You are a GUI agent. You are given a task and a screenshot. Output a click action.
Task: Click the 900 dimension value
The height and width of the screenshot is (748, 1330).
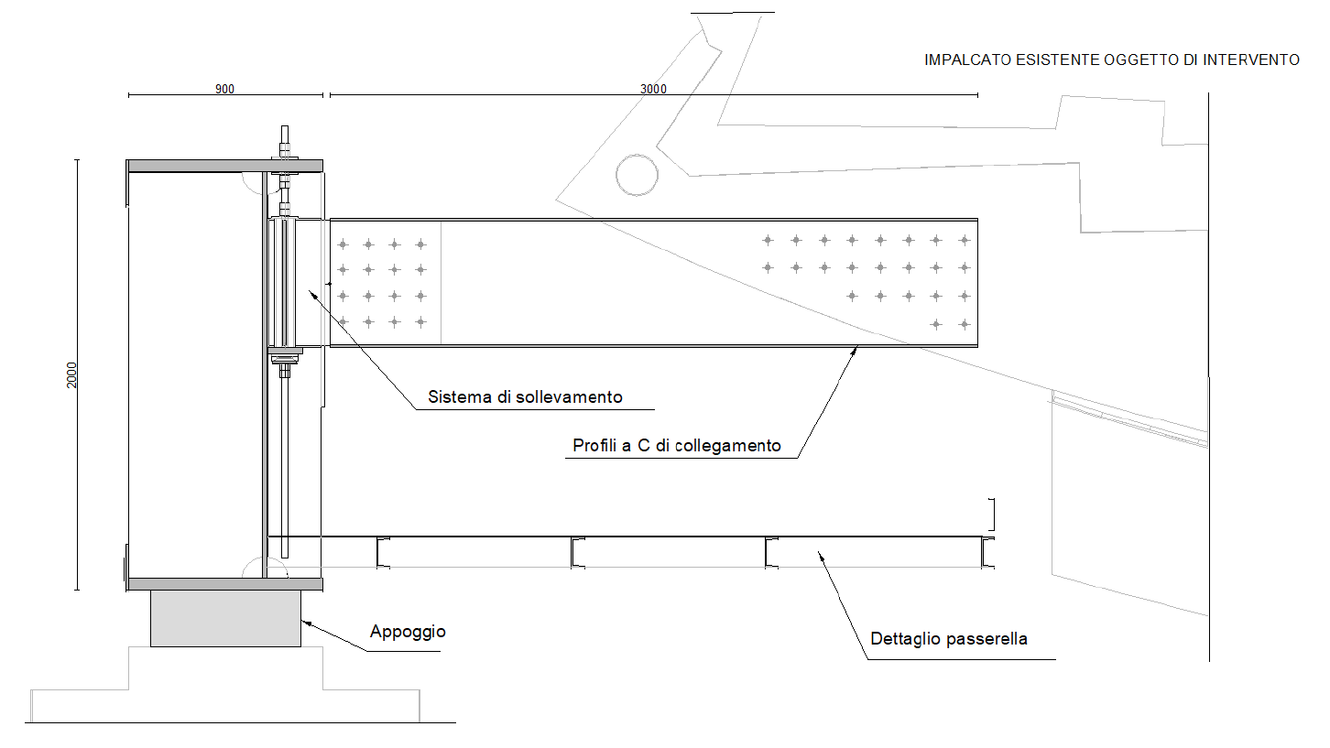224,89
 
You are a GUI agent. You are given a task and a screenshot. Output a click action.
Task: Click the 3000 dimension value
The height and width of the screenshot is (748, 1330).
653,89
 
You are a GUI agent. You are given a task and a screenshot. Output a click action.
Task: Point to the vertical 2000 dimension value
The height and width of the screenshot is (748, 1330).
72,374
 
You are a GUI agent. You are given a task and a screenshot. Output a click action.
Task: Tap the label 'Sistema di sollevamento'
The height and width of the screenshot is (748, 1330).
525,397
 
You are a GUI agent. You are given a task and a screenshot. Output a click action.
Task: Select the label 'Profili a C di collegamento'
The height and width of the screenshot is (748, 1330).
677,446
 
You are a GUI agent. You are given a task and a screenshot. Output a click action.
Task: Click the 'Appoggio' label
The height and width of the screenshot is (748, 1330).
408,632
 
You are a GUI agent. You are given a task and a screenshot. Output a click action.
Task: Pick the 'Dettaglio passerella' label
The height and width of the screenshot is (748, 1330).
949,639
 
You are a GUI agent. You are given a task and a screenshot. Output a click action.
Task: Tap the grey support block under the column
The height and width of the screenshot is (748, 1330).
225,618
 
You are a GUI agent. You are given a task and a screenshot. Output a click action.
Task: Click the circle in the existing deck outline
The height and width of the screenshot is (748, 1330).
636,174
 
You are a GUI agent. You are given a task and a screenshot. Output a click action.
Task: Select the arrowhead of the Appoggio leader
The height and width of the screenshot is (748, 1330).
304,622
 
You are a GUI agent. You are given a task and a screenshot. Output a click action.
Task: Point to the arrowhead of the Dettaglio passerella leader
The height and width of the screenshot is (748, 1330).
820,553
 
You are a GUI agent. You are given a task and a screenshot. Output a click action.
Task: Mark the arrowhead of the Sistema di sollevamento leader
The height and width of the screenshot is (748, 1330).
310,291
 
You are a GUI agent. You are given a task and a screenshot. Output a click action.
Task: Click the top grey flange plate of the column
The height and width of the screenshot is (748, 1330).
224,166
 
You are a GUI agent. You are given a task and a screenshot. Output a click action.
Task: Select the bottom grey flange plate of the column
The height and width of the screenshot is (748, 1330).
224,584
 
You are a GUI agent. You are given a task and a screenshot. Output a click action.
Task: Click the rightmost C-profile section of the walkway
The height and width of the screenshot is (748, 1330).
987,553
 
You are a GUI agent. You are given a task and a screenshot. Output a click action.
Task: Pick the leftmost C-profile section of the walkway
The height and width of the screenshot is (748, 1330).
382,553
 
